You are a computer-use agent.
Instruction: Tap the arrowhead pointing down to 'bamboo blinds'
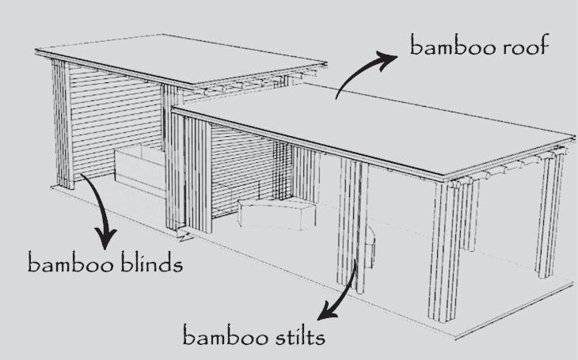click(106, 237)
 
